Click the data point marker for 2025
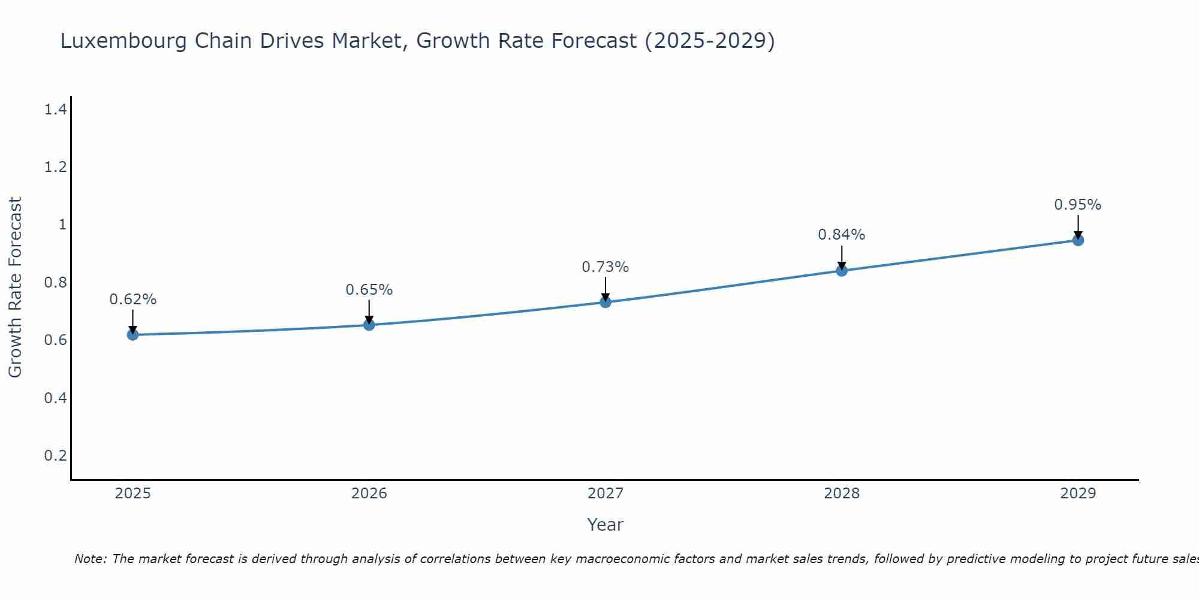click(133, 334)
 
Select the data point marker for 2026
click(369, 325)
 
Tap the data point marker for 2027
click(605, 302)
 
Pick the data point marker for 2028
click(842, 270)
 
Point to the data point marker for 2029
click(1078, 240)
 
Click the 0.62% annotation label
click(133, 299)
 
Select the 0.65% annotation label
click(369, 290)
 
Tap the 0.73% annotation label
click(605, 267)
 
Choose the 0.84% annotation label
click(842, 235)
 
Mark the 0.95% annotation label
click(1078, 205)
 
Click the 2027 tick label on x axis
click(605, 494)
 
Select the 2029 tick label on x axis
click(1078, 494)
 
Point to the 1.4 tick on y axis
click(55, 110)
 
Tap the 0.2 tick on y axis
click(55, 456)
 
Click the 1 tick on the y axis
click(62, 225)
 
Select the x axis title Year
click(605, 525)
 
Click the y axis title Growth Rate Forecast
click(15, 287)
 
